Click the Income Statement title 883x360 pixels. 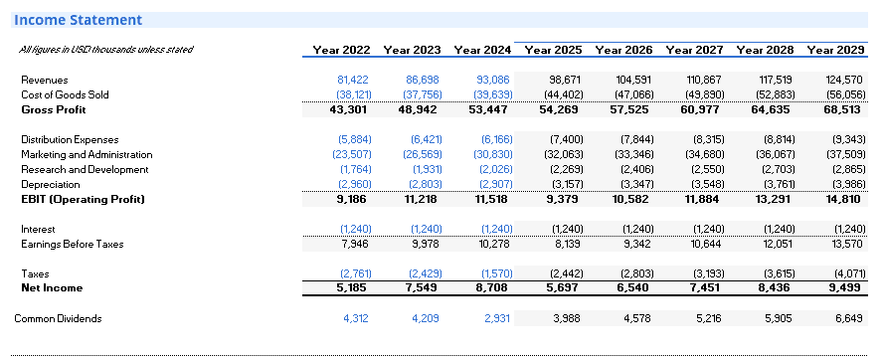[x=78, y=20]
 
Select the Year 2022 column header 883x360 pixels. [x=342, y=50]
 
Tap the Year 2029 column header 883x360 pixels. [x=835, y=50]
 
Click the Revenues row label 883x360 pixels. [x=44, y=80]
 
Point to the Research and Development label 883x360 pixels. [x=85, y=170]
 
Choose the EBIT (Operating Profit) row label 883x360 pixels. [x=83, y=199]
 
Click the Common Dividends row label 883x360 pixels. [x=58, y=318]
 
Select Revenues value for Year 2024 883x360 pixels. [x=493, y=80]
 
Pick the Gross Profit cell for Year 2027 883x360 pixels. [x=699, y=109]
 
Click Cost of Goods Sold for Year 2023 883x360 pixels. [x=423, y=94]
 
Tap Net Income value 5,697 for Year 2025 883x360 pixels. [x=559, y=287]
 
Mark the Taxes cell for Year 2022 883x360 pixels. [x=355, y=273]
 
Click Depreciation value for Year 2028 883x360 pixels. [x=779, y=184]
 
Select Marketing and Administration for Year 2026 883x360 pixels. [x=635, y=154]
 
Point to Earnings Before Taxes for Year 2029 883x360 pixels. [x=846, y=244]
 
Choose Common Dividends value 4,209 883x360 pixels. [x=426, y=318]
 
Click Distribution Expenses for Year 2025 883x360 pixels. [x=566, y=139]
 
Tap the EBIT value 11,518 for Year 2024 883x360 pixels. [x=487, y=199]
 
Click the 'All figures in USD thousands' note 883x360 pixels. [x=105, y=50]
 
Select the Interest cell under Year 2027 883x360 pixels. [x=708, y=229]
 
